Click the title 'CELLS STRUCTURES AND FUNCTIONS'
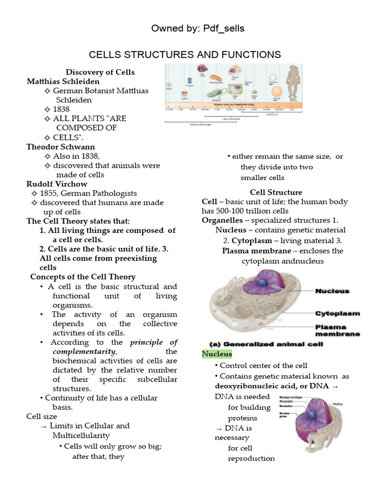pos(184,54)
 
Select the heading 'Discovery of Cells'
pos(100,72)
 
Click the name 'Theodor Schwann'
pos(61,147)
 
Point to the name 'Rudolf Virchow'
pos(57,184)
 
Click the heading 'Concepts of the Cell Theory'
pos(83,277)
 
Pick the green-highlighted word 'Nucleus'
pos(217,354)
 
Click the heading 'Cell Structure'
pos(276,192)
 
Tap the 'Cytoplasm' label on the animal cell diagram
pos(337,313)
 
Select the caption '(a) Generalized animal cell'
pos(266,344)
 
